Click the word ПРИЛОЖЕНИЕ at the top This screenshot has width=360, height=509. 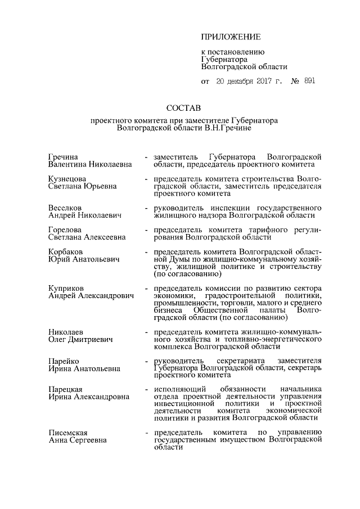pos(231,37)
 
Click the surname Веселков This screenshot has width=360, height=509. pos(66,208)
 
